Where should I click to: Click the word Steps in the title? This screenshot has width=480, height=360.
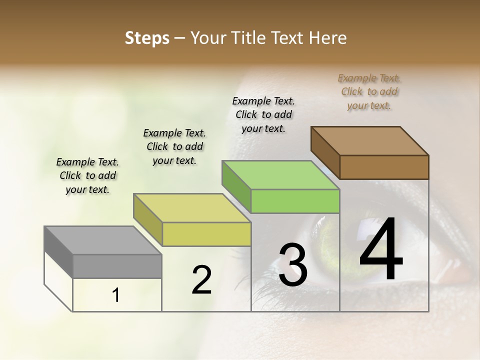(x=147, y=38)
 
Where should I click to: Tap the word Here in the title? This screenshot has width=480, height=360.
(x=327, y=38)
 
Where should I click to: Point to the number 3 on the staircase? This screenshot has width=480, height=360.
(x=293, y=265)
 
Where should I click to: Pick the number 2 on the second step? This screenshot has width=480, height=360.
(x=201, y=280)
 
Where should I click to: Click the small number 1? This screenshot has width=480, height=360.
(x=116, y=295)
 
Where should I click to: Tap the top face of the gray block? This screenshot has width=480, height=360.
(x=102, y=240)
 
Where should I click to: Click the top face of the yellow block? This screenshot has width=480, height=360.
(x=192, y=208)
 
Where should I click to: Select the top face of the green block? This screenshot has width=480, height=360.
(x=281, y=175)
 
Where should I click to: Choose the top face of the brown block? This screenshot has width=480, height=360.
(x=370, y=141)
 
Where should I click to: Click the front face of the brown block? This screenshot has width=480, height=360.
(x=384, y=167)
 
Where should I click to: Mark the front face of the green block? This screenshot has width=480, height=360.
(x=295, y=201)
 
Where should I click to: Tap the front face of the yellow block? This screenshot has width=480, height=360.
(x=206, y=234)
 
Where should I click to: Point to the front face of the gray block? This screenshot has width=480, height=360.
(x=117, y=266)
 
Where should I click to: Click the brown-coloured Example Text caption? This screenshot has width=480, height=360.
(x=369, y=91)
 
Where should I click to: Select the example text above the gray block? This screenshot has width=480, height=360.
(x=88, y=175)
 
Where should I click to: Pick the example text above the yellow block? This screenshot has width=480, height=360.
(x=174, y=146)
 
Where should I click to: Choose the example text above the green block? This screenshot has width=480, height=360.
(x=263, y=114)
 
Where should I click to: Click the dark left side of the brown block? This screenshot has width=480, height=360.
(x=325, y=152)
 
